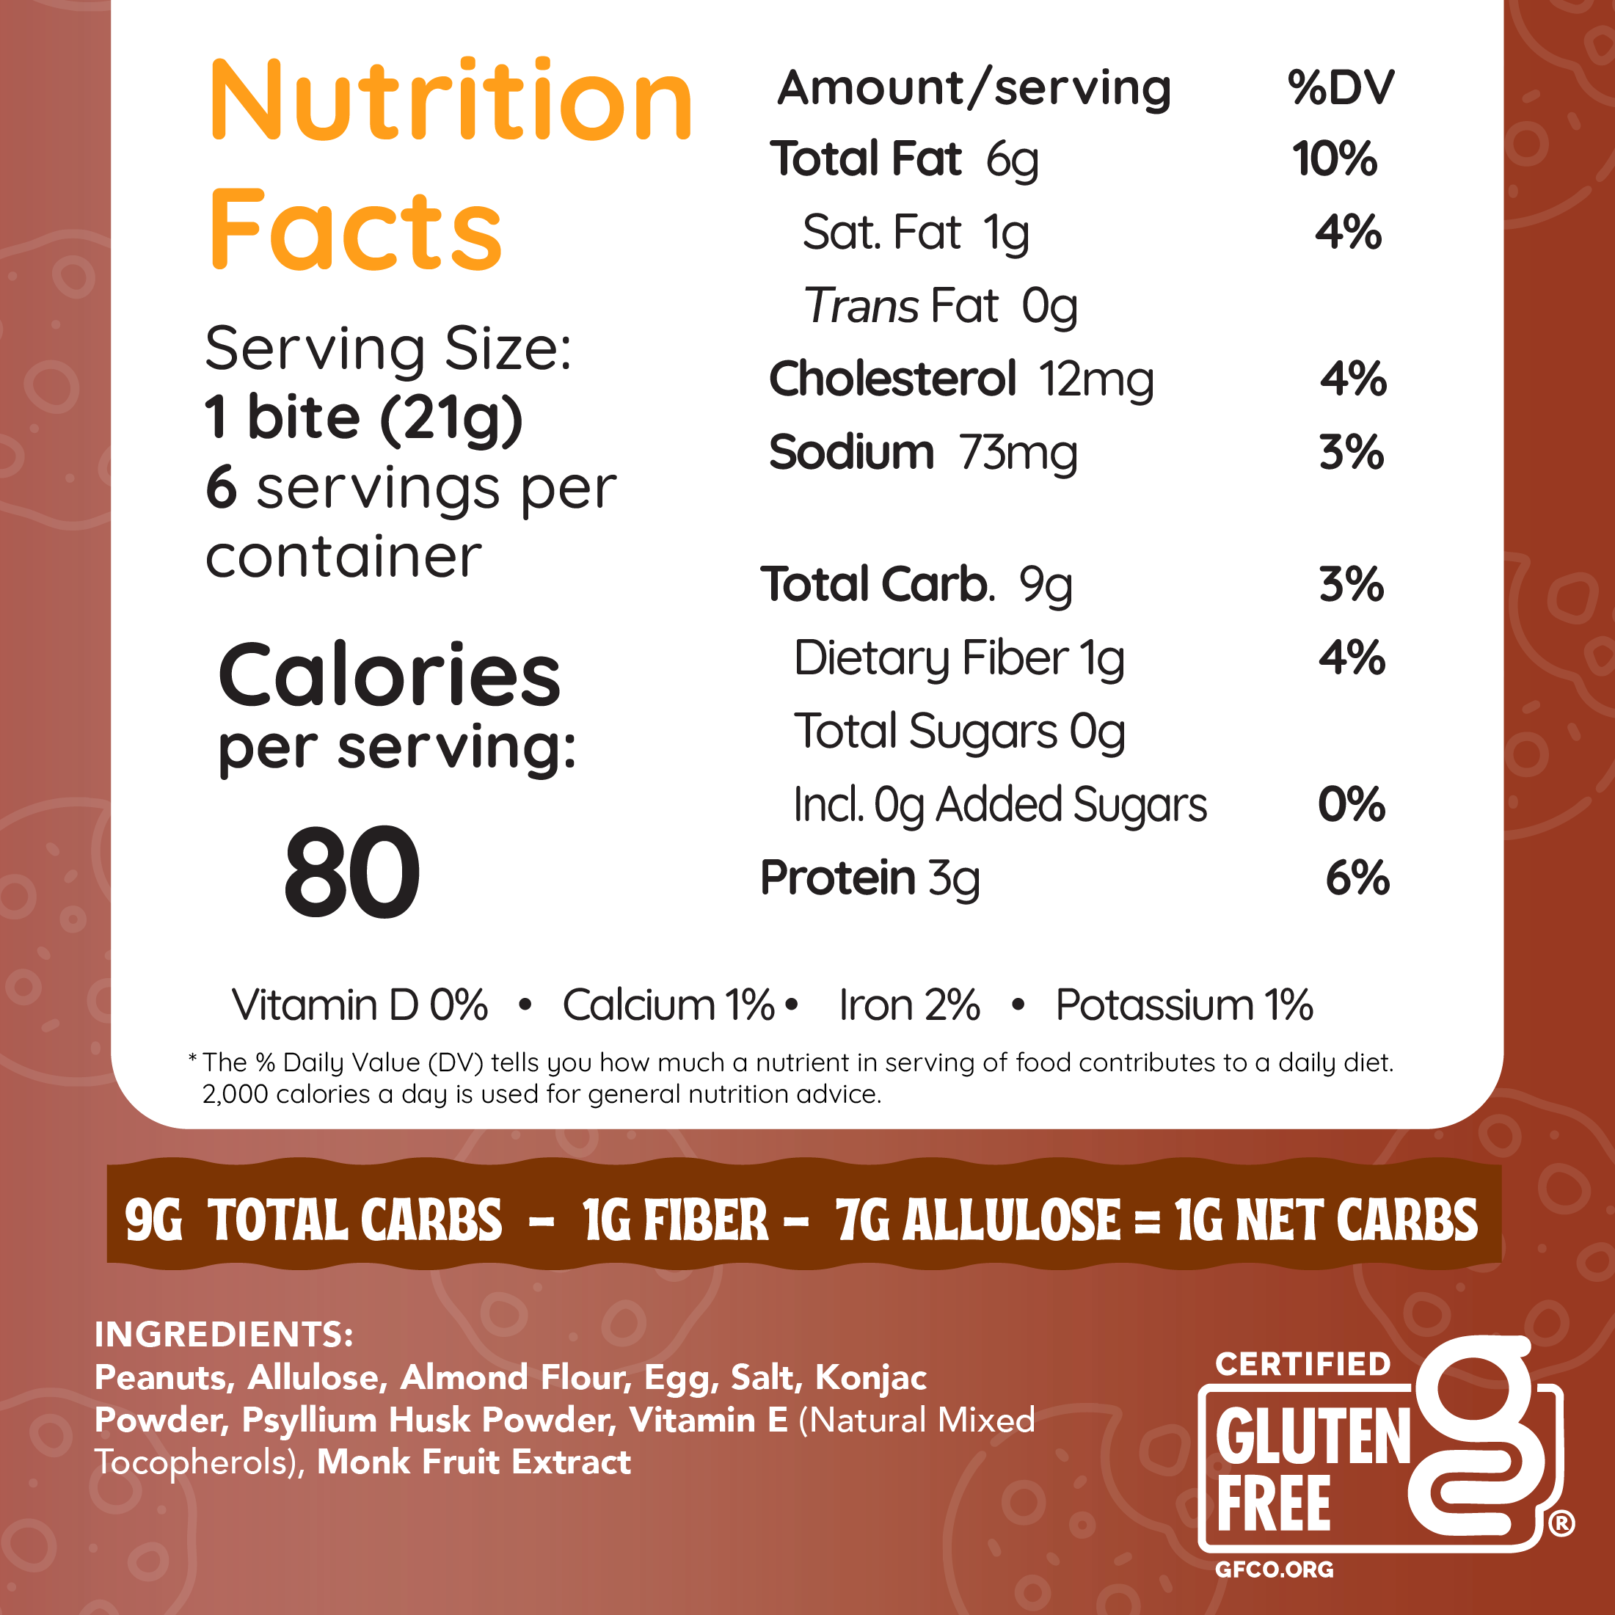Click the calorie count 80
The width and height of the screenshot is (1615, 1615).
point(352,872)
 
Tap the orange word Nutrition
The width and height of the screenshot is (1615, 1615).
point(451,102)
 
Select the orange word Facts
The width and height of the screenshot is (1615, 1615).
point(356,230)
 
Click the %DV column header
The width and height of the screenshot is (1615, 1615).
point(1340,88)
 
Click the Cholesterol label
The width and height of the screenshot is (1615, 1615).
point(892,379)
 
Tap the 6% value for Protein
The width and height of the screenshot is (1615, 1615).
point(1357,878)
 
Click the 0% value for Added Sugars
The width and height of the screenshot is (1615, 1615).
point(1352,804)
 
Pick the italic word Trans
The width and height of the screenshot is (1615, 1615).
point(861,306)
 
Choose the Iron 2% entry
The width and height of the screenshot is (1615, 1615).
point(909,1005)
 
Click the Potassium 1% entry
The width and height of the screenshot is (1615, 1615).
point(1184,1005)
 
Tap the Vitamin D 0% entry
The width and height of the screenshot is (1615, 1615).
point(360,1005)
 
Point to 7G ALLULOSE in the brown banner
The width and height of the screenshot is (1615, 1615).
point(977,1220)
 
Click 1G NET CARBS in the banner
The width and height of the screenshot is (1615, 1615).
point(1326,1220)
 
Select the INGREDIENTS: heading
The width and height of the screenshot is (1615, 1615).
point(224,1334)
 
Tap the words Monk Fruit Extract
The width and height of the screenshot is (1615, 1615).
point(474,1462)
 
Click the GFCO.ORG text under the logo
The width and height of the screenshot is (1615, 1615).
point(1274,1569)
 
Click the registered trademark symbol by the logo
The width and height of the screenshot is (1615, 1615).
point(1561,1523)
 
